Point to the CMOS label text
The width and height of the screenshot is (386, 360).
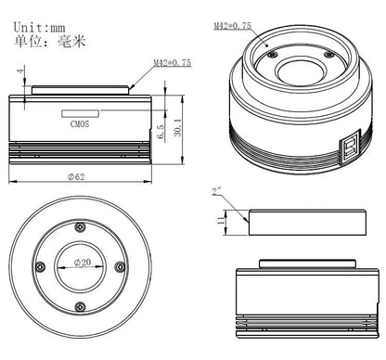click(x=80, y=119)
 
